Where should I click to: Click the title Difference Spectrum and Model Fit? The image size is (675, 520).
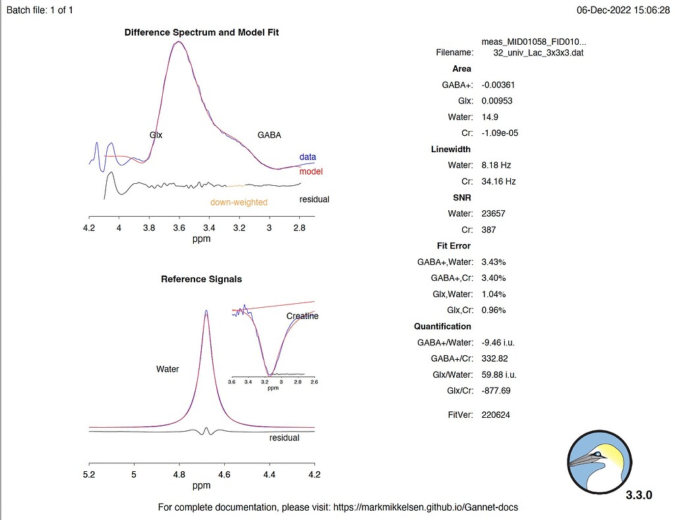[x=201, y=32]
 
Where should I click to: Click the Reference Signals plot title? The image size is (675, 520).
[x=201, y=279]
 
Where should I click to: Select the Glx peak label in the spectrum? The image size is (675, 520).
[x=156, y=135]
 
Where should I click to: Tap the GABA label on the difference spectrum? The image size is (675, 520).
[x=269, y=135]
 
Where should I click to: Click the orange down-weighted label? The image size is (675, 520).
[x=239, y=202]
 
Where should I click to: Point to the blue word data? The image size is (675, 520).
[x=307, y=157]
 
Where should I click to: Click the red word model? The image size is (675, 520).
[x=310, y=171]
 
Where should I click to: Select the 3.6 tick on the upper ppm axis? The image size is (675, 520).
[x=179, y=228]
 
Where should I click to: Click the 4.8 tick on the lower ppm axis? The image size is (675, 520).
[x=179, y=474]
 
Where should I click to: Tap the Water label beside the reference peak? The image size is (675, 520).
[x=167, y=369]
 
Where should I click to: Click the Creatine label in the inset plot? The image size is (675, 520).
[x=302, y=316]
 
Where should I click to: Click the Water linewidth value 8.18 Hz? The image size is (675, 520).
[x=496, y=165]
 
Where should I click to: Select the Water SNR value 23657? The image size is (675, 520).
[x=494, y=214]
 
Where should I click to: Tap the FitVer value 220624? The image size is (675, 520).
[x=496, y=415]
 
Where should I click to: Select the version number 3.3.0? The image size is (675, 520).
[x=639, y=495]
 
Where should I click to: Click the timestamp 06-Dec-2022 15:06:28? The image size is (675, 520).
[x=623, y=11]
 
